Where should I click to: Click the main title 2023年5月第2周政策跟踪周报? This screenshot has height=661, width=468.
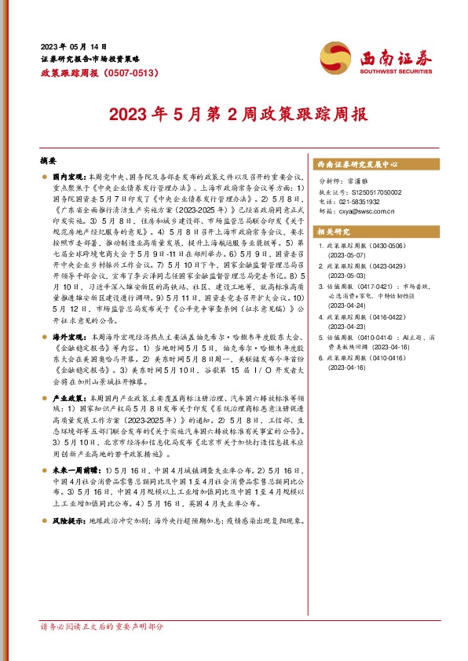[233, 115]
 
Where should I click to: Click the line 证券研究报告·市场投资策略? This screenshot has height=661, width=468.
[90, 59]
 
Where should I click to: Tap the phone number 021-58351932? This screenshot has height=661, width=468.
[363, 201]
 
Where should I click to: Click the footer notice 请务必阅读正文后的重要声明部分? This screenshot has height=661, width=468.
[101, 649]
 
